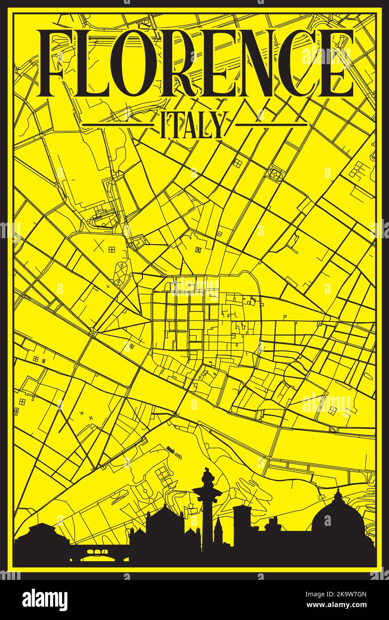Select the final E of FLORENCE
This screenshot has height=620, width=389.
tap(335, 63)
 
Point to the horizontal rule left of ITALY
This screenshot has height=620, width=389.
tap(120, 124)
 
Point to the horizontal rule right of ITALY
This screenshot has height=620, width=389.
tap(271, 124)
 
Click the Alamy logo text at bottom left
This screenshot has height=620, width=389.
tap(45, 600)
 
